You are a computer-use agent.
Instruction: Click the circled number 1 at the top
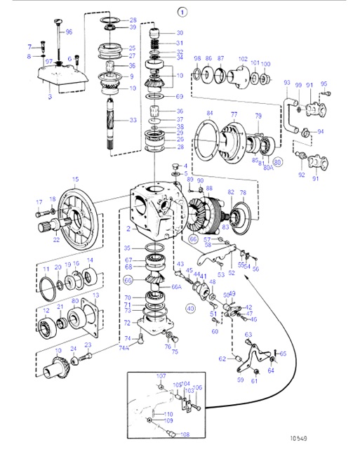163,12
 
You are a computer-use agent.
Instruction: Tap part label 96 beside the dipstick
69,32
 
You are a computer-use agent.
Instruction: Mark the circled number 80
278,161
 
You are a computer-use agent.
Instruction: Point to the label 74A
124,347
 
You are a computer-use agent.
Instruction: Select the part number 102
243,59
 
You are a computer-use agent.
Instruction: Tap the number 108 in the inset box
185,434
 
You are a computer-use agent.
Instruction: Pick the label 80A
268,167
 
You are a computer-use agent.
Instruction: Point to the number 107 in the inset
161,376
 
